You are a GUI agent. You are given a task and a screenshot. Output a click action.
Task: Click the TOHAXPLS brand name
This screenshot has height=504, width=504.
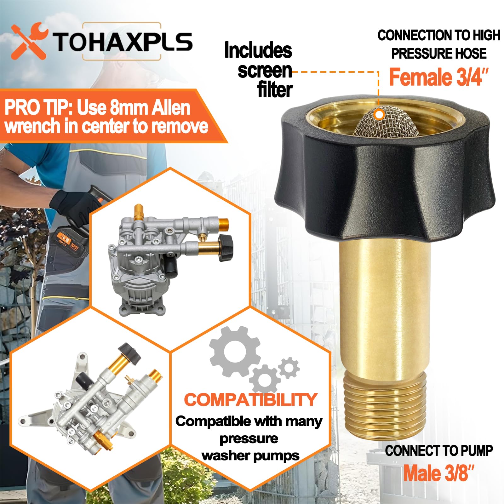122,42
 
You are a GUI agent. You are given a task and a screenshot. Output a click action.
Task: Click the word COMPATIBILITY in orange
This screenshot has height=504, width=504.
250,399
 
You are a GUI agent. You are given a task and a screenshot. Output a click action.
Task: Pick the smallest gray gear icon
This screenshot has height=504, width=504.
289,368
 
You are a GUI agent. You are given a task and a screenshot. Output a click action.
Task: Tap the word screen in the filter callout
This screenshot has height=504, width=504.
265,71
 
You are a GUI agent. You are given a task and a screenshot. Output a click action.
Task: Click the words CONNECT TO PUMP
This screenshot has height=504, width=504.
438,451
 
